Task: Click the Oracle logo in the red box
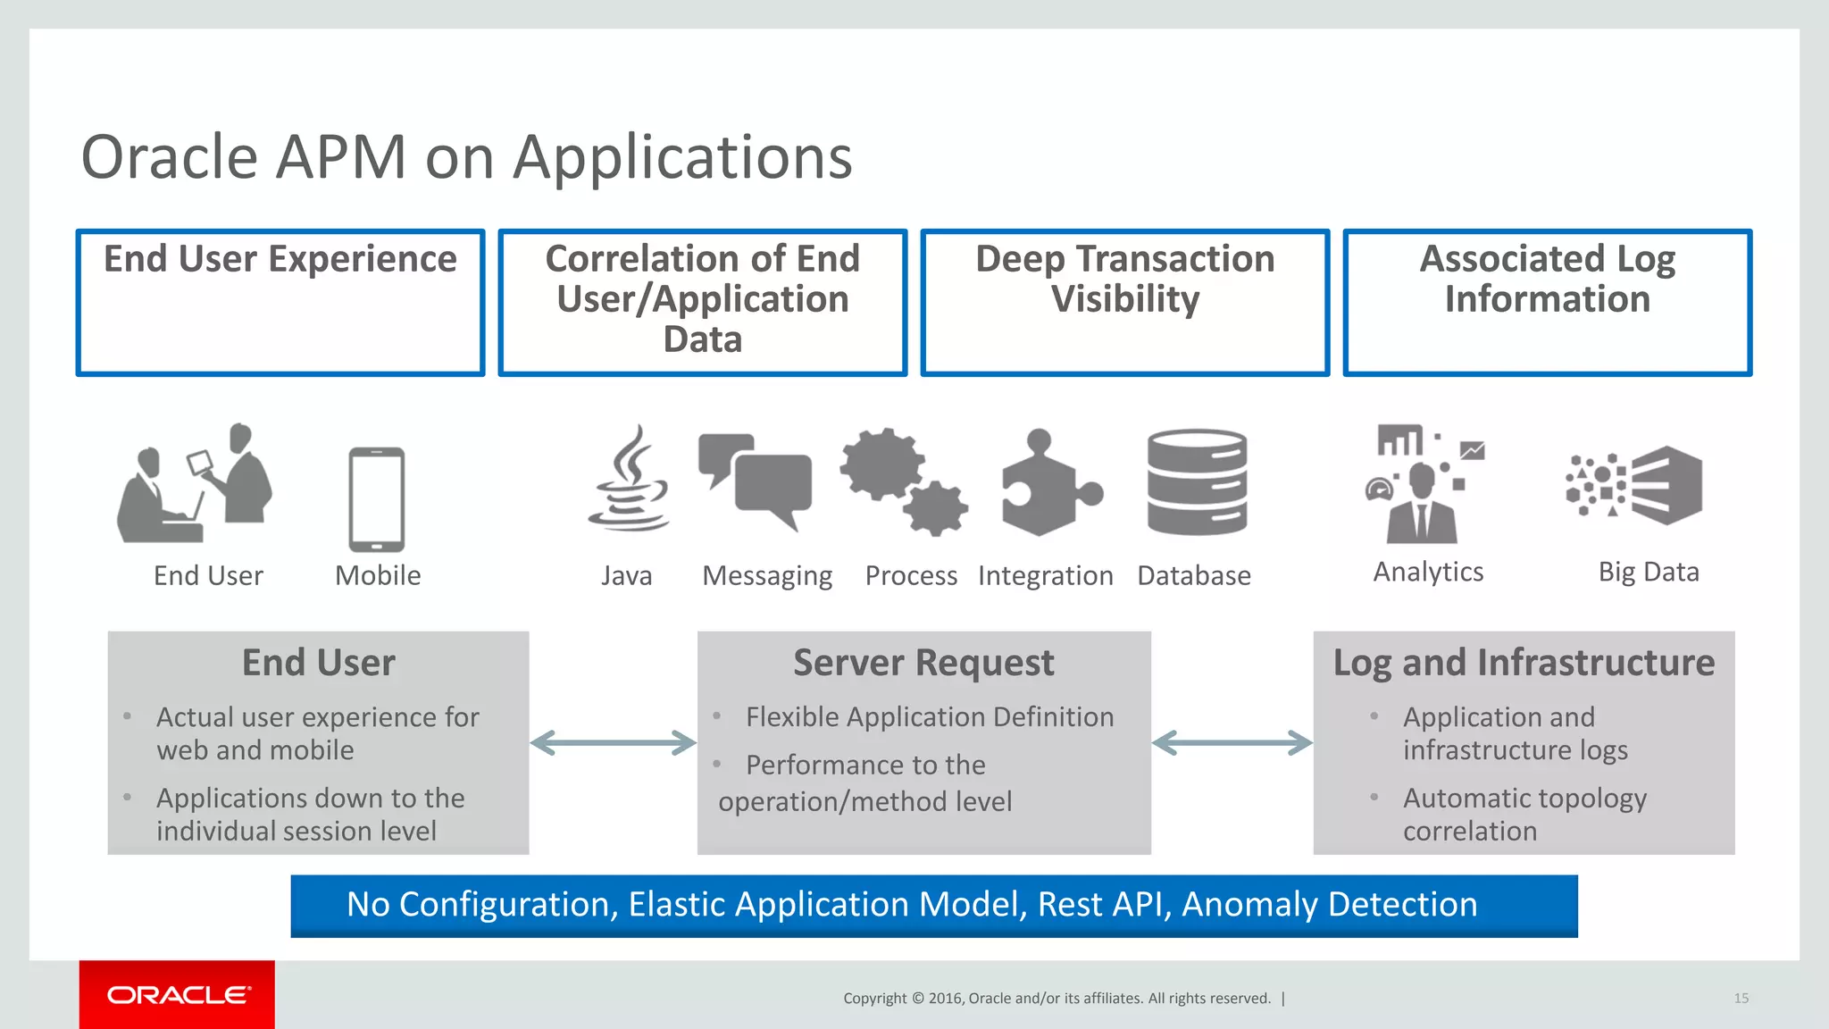coord(178,995)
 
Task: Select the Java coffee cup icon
coord(630,482)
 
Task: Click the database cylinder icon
coord(1197,482)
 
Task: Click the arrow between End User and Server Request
coord(613,742)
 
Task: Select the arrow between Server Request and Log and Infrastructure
coord(1232,742)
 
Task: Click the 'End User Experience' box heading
coord(280,259)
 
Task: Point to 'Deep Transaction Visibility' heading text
coord(1124,279)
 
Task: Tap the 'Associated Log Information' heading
coord(1547,279)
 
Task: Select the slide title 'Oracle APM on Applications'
coord(466,157)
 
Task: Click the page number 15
coord(1741,998)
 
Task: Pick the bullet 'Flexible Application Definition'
coord(929,717)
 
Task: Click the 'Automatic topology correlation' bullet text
coord(1524,814)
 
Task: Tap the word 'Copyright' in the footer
coord(874,998)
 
